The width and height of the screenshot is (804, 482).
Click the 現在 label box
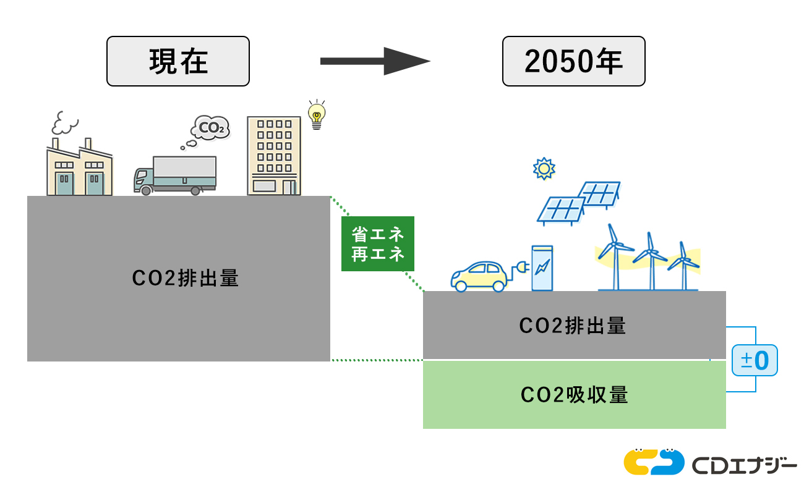178,61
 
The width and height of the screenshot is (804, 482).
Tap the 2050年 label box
573,61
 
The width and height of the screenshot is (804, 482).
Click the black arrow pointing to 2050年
375,61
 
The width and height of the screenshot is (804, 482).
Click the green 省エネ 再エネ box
378,244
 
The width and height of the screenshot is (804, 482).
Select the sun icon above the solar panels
544,168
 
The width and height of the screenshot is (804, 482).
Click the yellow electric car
479,276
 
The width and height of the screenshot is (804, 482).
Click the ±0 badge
755,360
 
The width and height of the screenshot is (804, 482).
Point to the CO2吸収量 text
574,394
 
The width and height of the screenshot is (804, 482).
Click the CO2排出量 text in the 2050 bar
573,325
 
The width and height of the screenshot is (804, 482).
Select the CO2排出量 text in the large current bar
185,279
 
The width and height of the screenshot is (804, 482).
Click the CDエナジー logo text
745,463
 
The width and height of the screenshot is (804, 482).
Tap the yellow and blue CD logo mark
654,462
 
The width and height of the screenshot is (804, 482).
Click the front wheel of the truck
146,190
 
